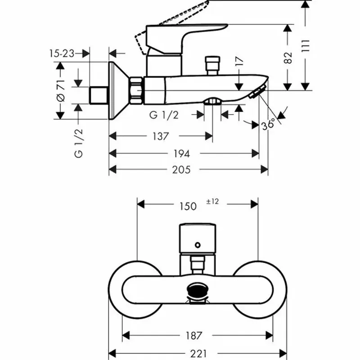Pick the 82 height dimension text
pyautogui.click(x=288, y=57)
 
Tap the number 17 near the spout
pyautogui.click(x=239, y=62)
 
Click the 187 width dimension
pyautogui.click(x=193, y=335)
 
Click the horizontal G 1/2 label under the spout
pyautogui.click(x=164, y=115)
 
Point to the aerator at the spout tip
pyautogui.click(x=256, y=93)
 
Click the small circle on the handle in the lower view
pyautogui.click(x=197, y=245)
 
